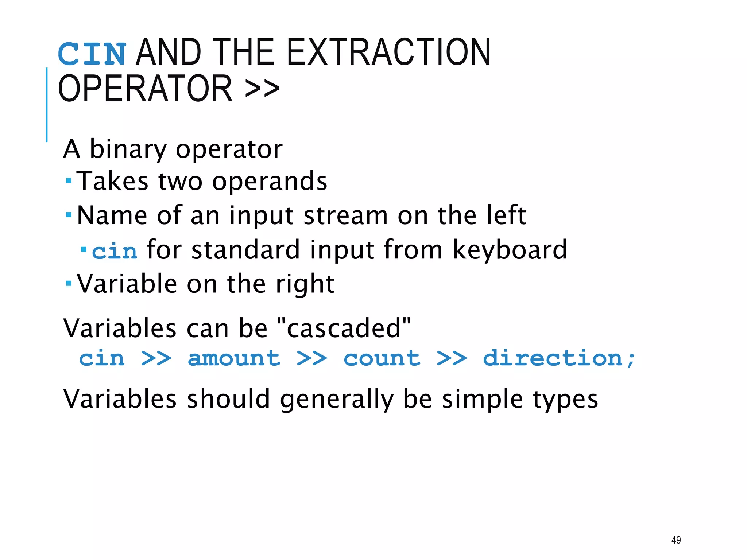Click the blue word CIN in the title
pyautogui.click(x=92, y=54)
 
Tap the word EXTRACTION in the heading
pyautogui.click(x=389, y=52)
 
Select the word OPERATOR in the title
pyautogui.click(x=145, y=88)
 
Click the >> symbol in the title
pyautogui.click(x=262, y=88)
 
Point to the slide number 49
pyautogui.click(x=676, y=540)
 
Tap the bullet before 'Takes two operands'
pyautogui.click(x=69, y=180)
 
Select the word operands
pyautogui.click(x=270, y=181)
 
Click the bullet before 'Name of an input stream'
pyautogui.click(x=69, y=215)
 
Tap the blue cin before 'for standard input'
pyautogui.click(x=115, y=252)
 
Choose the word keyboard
pyautogui.click(x=510, y=250)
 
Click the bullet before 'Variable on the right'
pyautogui.click(x=69, y=283)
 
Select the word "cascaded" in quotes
pyautogui.click(x=344, y=328)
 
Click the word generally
pyautogui.click(x=337, y=399)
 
